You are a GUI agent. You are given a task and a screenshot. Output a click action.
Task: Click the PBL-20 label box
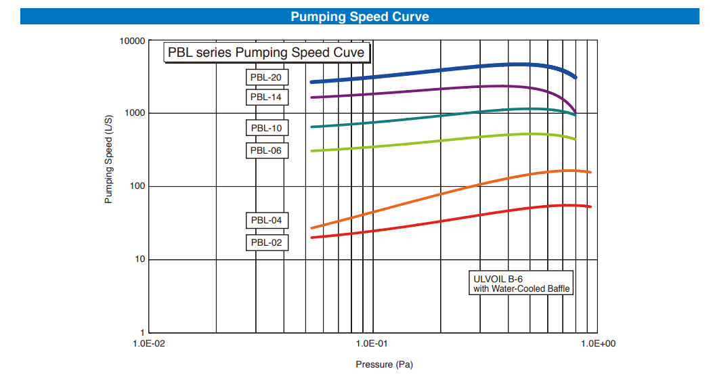[x=266, y=77]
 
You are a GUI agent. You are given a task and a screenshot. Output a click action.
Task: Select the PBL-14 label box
[x=266, y=97]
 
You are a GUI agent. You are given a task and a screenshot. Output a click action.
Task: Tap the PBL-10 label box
[x=266, y=128]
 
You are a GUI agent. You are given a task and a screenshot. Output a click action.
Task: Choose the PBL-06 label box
[x=266, y=150]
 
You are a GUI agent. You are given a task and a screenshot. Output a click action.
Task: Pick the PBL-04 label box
[x=266, y=220]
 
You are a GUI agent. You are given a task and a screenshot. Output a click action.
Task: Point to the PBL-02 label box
[x=266, y=242]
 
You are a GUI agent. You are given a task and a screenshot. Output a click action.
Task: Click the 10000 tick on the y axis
[x=133, y=41]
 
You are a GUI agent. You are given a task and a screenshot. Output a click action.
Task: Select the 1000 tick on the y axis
[x=136, y=113]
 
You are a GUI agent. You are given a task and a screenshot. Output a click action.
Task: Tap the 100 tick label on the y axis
[x=138, y=186]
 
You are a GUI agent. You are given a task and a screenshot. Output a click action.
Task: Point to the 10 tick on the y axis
[x=140, y=260]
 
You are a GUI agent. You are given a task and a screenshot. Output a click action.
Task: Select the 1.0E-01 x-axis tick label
[x=371, y=343]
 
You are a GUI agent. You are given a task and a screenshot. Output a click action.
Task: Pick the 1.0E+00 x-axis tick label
[x=597, y=343]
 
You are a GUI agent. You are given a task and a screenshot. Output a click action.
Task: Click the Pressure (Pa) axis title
[x=384, y=365]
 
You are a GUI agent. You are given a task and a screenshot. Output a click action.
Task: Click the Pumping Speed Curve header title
[x=360, y=16]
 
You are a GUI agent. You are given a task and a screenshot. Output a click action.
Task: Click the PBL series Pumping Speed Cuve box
[x=266, y=53]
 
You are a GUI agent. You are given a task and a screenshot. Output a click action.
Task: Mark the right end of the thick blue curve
[x=576, y=78]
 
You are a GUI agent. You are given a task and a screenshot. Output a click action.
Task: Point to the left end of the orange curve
[x=311, y=228]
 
